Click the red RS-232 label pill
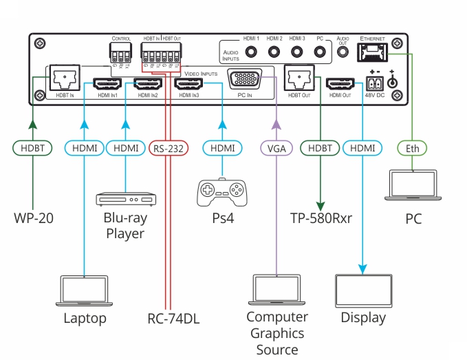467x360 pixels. pos(166,147)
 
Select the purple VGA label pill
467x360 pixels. pos(276,147)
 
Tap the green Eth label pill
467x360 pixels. pos(412,147)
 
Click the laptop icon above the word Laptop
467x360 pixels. pos(85,291)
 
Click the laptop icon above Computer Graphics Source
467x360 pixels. pos(276,291)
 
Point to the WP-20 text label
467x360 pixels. pos(33,220)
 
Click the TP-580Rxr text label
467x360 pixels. pos(321,220)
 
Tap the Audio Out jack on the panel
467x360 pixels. pos(342,52)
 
